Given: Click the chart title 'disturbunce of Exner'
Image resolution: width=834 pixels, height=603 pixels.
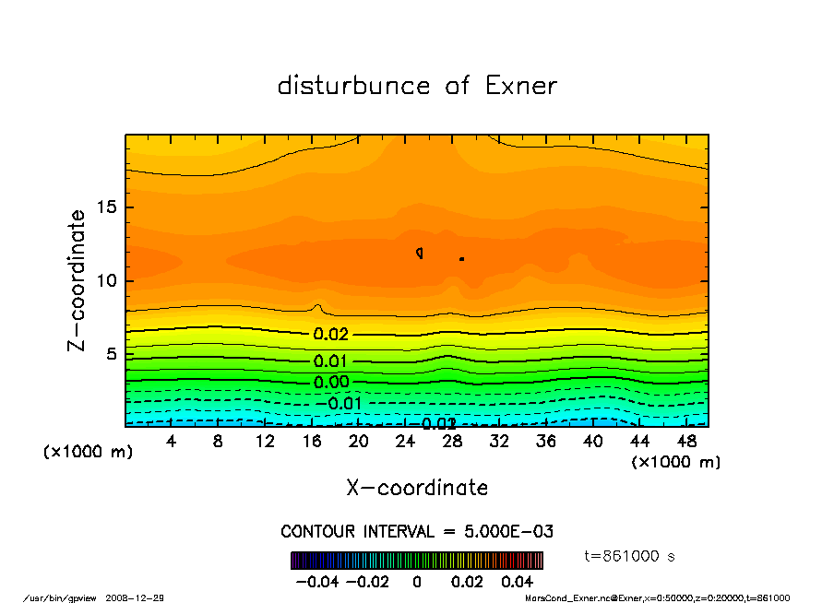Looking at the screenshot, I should pyautogui.click(x=417, y=87).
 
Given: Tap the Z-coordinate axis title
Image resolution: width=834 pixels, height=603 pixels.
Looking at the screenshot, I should pyautogui.click(x=77, y=280).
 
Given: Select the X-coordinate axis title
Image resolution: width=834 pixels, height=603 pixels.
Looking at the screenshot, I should pyautogui.click(x=417, y=488).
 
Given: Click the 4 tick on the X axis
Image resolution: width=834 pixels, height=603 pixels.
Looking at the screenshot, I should pyautogui.click(x=172, y=442).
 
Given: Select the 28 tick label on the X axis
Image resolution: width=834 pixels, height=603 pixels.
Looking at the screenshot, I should pyautogui.click(x=452, y=442).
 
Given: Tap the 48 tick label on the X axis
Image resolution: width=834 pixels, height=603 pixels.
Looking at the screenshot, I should pyautogui.click(x=685, y=442).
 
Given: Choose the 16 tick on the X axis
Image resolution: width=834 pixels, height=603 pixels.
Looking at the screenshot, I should pyautogui.click(x=312, y=442).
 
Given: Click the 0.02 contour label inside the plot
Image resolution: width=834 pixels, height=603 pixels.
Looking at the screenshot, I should pyautogui.click(x=331, y=335).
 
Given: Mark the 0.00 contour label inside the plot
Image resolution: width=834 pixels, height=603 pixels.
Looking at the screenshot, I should pyautogui.click(x=331, y=383).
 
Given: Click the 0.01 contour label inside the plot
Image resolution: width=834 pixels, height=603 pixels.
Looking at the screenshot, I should pyautogui.click(x=331, y=361).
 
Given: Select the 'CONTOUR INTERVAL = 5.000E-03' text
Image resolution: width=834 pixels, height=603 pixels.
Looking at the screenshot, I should pyautogui.click(x=417, y=532).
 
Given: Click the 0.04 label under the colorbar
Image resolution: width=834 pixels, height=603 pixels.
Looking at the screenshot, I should pyautogui.click(x=517, y=582).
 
